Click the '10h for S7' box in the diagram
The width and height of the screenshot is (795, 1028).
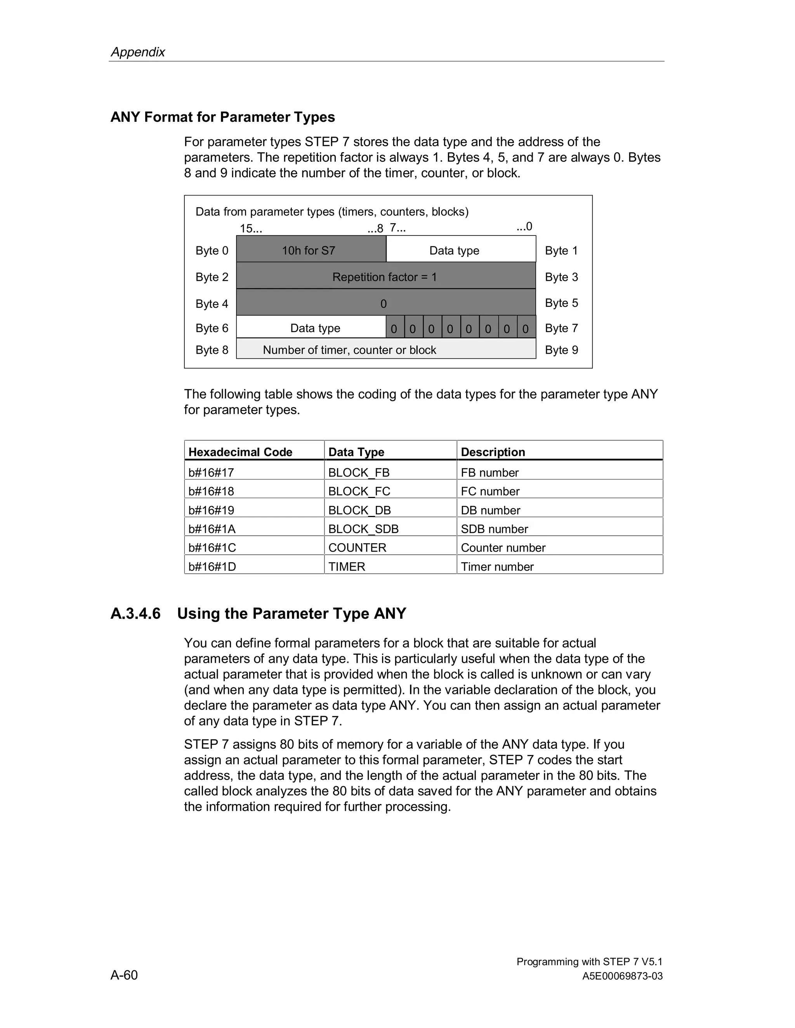[x=311, y=249]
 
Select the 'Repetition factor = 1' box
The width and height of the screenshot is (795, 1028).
[x=385, y=276]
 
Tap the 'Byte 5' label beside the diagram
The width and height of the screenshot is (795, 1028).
[x=561, y=303]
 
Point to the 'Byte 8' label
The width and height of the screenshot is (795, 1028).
[x=212, y=350]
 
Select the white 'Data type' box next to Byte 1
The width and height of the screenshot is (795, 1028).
[x=461, y=249]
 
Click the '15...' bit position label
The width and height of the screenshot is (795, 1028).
[x=250, y=229]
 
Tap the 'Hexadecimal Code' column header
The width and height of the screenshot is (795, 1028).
[x=240, y=452]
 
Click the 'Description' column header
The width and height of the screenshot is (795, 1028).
[x=493, y=452]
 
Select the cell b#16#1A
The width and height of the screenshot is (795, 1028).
[x=212, y=529]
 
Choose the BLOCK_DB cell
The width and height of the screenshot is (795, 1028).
[x=359, y=510]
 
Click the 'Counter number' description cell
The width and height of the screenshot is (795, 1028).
[x=503, y=547]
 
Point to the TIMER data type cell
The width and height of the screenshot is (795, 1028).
[x=347, y=566]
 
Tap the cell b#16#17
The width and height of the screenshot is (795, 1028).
[x=211, y=472]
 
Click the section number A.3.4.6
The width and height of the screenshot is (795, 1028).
[x=135, y=614]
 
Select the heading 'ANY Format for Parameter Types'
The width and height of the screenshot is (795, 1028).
[x=222, y=117]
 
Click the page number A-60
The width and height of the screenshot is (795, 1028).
[x=124, y=975]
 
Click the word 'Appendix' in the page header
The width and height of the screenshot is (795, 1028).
[x=137, y=52]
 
